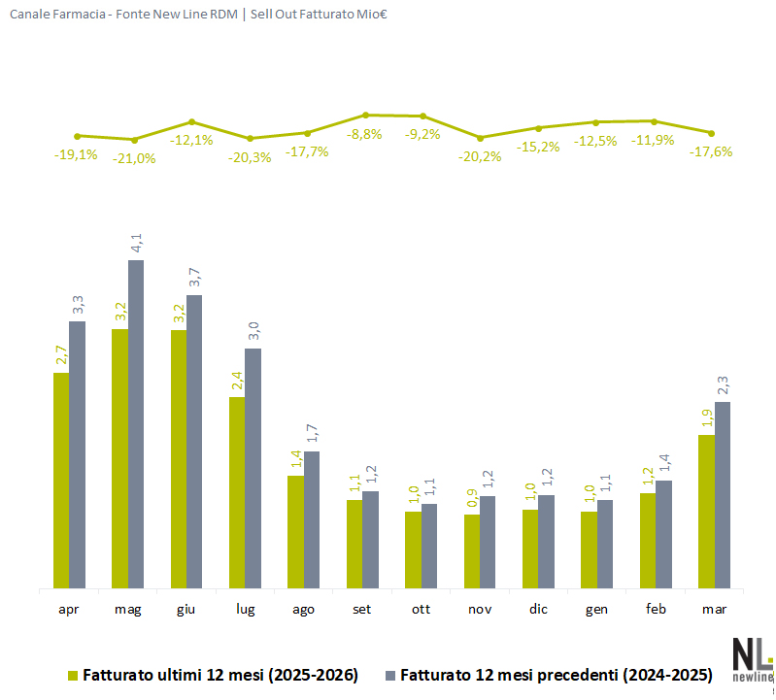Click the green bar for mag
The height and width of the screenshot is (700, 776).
click(x=120, y=458)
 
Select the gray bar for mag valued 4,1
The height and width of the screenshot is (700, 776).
click(x=136, y=423)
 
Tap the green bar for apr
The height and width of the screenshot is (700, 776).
click(x=61, y=480)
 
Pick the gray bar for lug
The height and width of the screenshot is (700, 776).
click(x=253, y=468)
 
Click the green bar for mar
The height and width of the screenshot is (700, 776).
click(x=706, y=511)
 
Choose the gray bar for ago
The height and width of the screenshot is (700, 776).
click(x=312, y=519)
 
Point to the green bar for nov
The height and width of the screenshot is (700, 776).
click(x=472, y=550)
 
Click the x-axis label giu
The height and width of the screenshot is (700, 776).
click(x=186, y=610)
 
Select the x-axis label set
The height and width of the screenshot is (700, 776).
click(x=361, y=610)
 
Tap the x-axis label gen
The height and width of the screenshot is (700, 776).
click(x=596, y=610)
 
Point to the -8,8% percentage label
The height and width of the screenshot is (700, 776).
click(x=366, y=134)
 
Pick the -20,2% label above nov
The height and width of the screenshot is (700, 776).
click(x=481, y=156)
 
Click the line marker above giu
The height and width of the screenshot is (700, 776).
click(x=192, y=122)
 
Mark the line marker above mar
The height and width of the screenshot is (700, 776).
click(x=713, y=133)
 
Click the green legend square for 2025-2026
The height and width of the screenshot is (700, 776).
click(x=72, y=675)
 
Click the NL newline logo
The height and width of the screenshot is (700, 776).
click(x=752, y=659)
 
